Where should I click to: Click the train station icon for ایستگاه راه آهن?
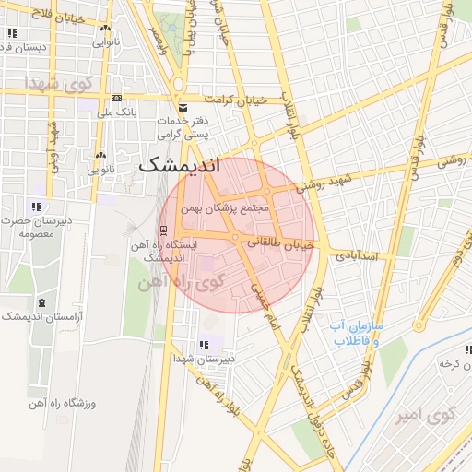tap(163, 230)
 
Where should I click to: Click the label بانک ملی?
tap(119, 112)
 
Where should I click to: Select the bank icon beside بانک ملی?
tap(117, 98)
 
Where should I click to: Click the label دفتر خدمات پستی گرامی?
tap(183, 128)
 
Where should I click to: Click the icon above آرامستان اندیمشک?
tap(41, 303)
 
